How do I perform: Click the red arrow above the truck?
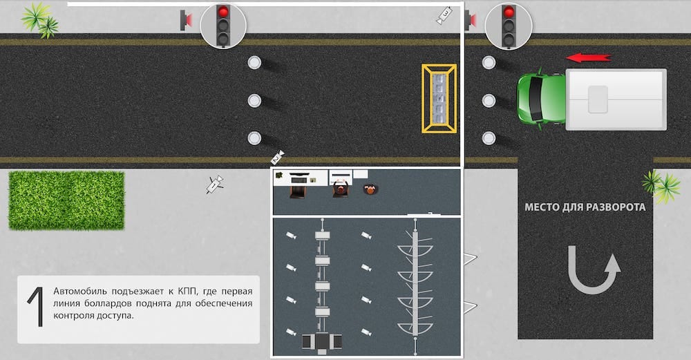[x=588, y=57]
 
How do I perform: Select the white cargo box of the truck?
[x=616, y=99]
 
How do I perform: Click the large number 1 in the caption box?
[x=36, y=307]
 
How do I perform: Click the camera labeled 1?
[x=215, y=184]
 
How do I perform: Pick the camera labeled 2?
[x=277, y=157]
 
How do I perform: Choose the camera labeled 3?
[x=444, y=15]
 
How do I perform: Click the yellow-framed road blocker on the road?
[x=439, y=98]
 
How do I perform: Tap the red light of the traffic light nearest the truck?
[x=509, y=12]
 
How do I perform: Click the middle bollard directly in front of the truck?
[x=489, y=100]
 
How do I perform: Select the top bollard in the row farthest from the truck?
[x=254, y=63]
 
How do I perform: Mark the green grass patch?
[x=66, y=200]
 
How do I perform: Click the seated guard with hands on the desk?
[x=341, y=189]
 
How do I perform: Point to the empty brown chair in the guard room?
[x=299, y=191]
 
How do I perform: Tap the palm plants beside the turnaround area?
[x=661, y=186]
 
